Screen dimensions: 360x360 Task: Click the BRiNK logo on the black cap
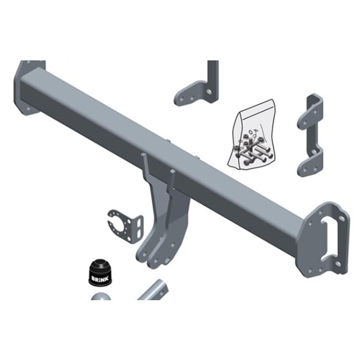[x=99, y=279]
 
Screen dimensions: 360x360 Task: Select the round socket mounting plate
[x=125, y=227]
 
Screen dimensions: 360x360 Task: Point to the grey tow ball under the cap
[x=100, y=296]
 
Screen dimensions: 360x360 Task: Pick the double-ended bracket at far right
[x=310, y=135]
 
